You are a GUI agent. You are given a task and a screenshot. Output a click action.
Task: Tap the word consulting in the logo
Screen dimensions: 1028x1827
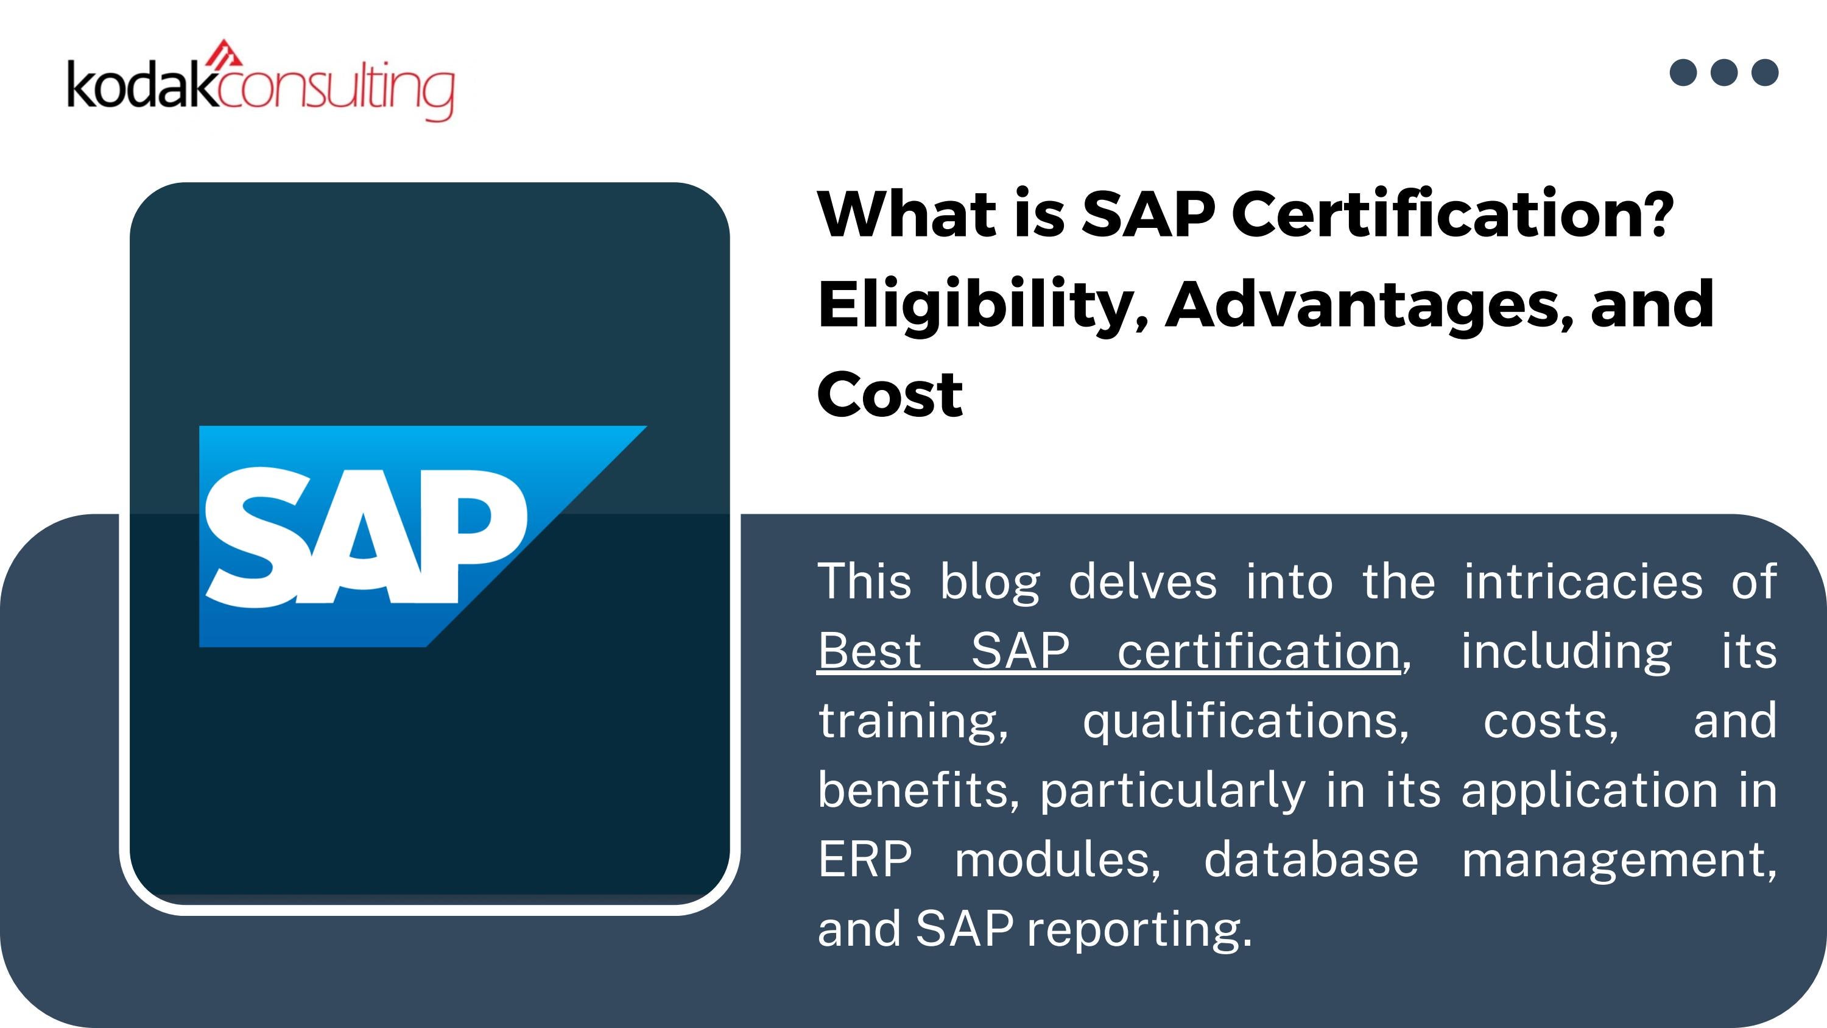tap(337, 91)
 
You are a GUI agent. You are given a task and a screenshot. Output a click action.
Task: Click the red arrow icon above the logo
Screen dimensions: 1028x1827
tap(225, 52)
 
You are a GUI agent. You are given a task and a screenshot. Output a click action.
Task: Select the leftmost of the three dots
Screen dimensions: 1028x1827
tap(1683, 73)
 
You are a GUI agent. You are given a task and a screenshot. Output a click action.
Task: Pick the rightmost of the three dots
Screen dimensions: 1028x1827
tap(1765, 73)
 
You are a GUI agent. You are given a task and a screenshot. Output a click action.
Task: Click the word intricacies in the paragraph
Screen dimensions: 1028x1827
tap(1583, 582)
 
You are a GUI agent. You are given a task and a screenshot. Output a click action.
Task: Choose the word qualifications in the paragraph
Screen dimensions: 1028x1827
tap(1245, 721)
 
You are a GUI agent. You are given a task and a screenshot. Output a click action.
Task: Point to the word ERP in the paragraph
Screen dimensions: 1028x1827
tap(865, 859)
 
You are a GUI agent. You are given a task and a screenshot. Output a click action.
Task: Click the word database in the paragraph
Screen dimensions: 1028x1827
tap(1311, 859)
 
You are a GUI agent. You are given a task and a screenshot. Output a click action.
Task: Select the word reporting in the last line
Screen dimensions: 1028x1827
tap(1139, 929)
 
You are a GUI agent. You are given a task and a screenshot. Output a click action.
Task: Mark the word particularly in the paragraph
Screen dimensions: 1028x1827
tap(1172, 790)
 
